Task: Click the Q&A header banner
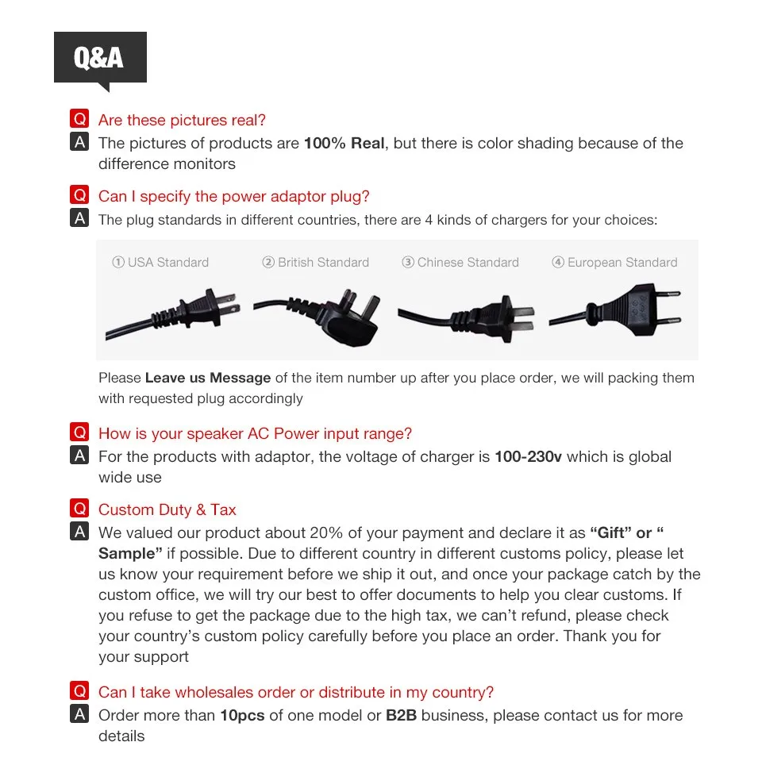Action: point(100,57)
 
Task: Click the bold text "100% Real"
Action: point(344,144)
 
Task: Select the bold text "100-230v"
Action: point(528,457)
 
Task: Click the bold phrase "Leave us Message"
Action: point(208,379)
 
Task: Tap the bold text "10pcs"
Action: point(242,716)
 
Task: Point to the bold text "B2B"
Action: point(402,716)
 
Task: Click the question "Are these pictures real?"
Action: point(182,121)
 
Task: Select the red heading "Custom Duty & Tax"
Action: point(167,510)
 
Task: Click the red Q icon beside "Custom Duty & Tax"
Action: point(79,509)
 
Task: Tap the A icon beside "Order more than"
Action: point(79,715)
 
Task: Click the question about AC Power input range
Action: point(255,434)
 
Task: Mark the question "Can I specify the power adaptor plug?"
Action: point(233,197)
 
